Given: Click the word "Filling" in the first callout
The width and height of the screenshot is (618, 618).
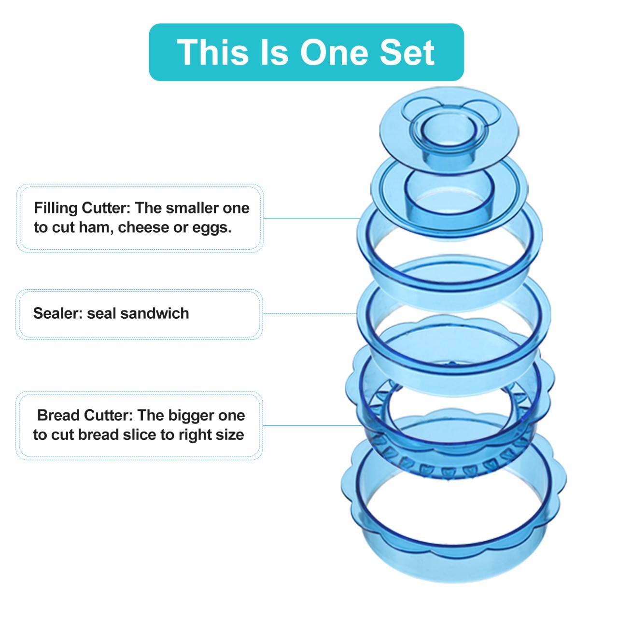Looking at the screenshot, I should pos(56,208).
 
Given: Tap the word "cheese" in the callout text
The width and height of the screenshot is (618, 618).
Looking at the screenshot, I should pos(144,227).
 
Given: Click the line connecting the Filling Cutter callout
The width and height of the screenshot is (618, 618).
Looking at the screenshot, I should pos(311,218).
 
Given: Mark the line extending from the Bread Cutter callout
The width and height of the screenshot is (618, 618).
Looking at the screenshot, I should pos(311,425).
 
